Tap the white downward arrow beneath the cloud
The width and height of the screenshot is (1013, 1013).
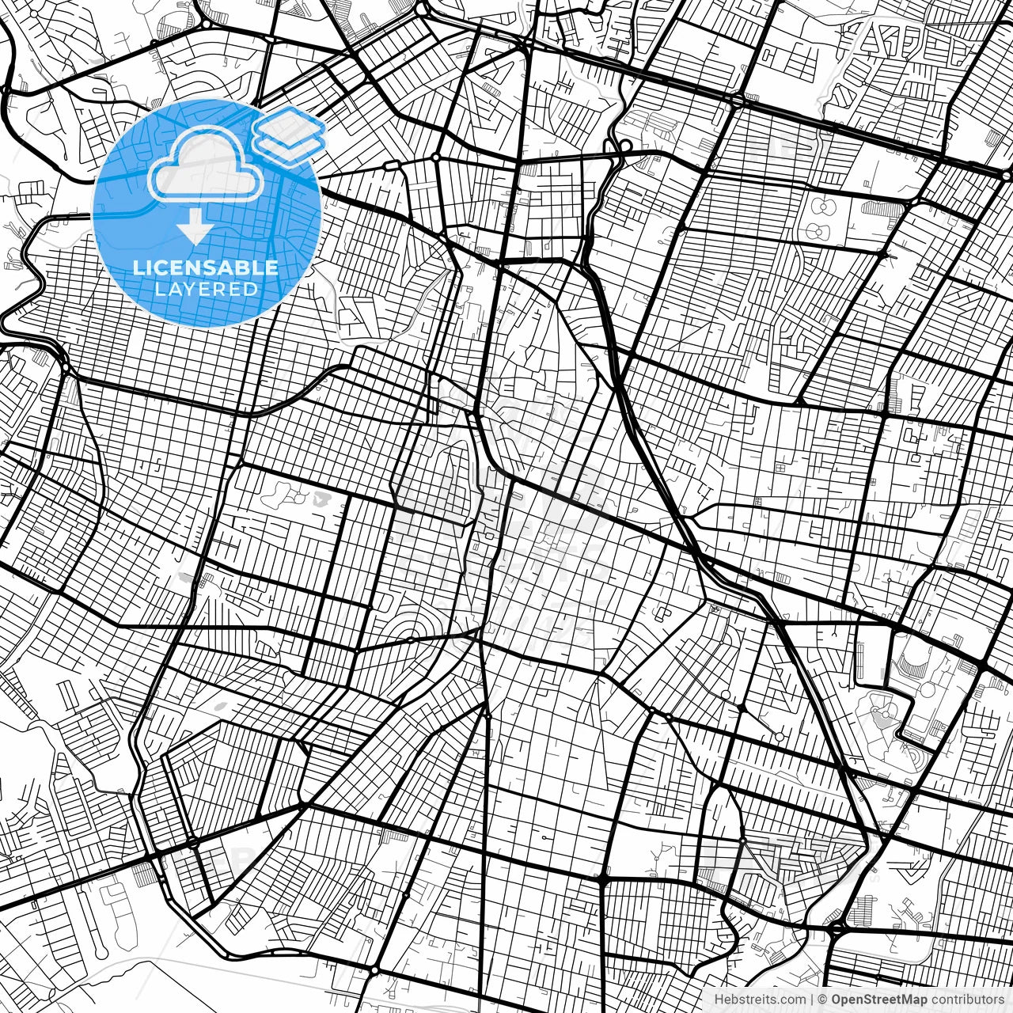click(x=195, y=229)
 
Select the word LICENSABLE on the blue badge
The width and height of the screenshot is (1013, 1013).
click(x=206, y=267)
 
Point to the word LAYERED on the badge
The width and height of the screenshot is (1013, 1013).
click(x=206, y=289)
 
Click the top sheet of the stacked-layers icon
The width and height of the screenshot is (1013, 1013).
click(x=290, y=126)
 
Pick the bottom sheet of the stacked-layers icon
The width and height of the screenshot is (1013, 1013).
click(x=290, y=146)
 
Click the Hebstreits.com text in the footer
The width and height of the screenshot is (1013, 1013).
click(x=760, y=1000)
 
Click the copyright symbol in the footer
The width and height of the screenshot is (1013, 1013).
click(x=822, y=1000)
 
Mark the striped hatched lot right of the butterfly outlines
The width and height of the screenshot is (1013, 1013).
click(x=882, y=208)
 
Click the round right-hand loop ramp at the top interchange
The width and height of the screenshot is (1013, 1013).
click(x=625, y=146)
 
